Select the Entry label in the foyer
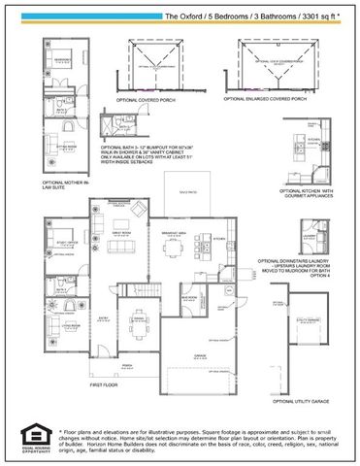[103, 316]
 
